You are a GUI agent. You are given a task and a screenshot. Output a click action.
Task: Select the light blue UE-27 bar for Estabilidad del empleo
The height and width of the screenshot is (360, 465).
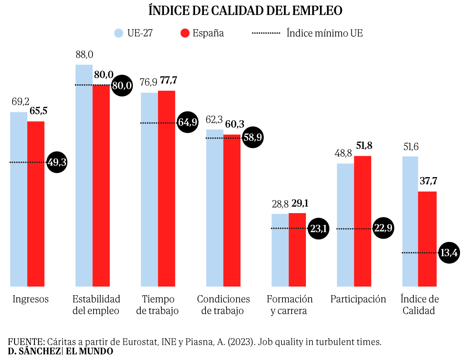[x=84, y=180]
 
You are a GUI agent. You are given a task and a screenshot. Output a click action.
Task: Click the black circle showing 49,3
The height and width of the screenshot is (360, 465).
[x=57, y=162]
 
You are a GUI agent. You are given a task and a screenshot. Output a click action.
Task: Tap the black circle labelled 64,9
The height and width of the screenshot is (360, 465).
[x=188, y=122]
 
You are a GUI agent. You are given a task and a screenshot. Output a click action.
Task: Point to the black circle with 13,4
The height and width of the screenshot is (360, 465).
[x=449, y=253]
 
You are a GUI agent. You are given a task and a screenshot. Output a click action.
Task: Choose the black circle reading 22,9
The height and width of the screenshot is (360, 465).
[x=383, y=228]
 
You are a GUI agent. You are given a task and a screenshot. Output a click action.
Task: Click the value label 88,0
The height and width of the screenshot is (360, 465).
[x=84, y=55]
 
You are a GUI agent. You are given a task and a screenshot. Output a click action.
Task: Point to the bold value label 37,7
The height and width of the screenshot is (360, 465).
[x=428, y=181]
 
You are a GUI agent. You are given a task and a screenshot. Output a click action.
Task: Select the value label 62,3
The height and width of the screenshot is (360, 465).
[x=214, y=120]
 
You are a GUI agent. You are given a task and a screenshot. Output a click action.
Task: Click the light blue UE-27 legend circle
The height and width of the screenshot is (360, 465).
[x=119, y=33]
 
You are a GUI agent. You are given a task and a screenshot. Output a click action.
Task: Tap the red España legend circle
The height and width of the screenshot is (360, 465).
[x=185, y=33]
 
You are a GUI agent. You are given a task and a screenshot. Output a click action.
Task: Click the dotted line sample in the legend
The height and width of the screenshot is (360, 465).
[x=266, y=33]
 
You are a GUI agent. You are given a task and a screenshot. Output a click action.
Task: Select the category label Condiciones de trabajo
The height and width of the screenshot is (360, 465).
[x=223, y=305]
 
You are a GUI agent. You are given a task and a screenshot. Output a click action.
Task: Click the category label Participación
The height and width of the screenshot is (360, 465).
[x=358, y=299]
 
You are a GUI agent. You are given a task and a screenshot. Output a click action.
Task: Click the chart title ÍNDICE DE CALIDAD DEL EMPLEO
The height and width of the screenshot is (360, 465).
[x=245, y=10]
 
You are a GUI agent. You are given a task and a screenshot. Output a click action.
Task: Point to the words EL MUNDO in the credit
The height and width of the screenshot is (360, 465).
[x=90, y=351]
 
